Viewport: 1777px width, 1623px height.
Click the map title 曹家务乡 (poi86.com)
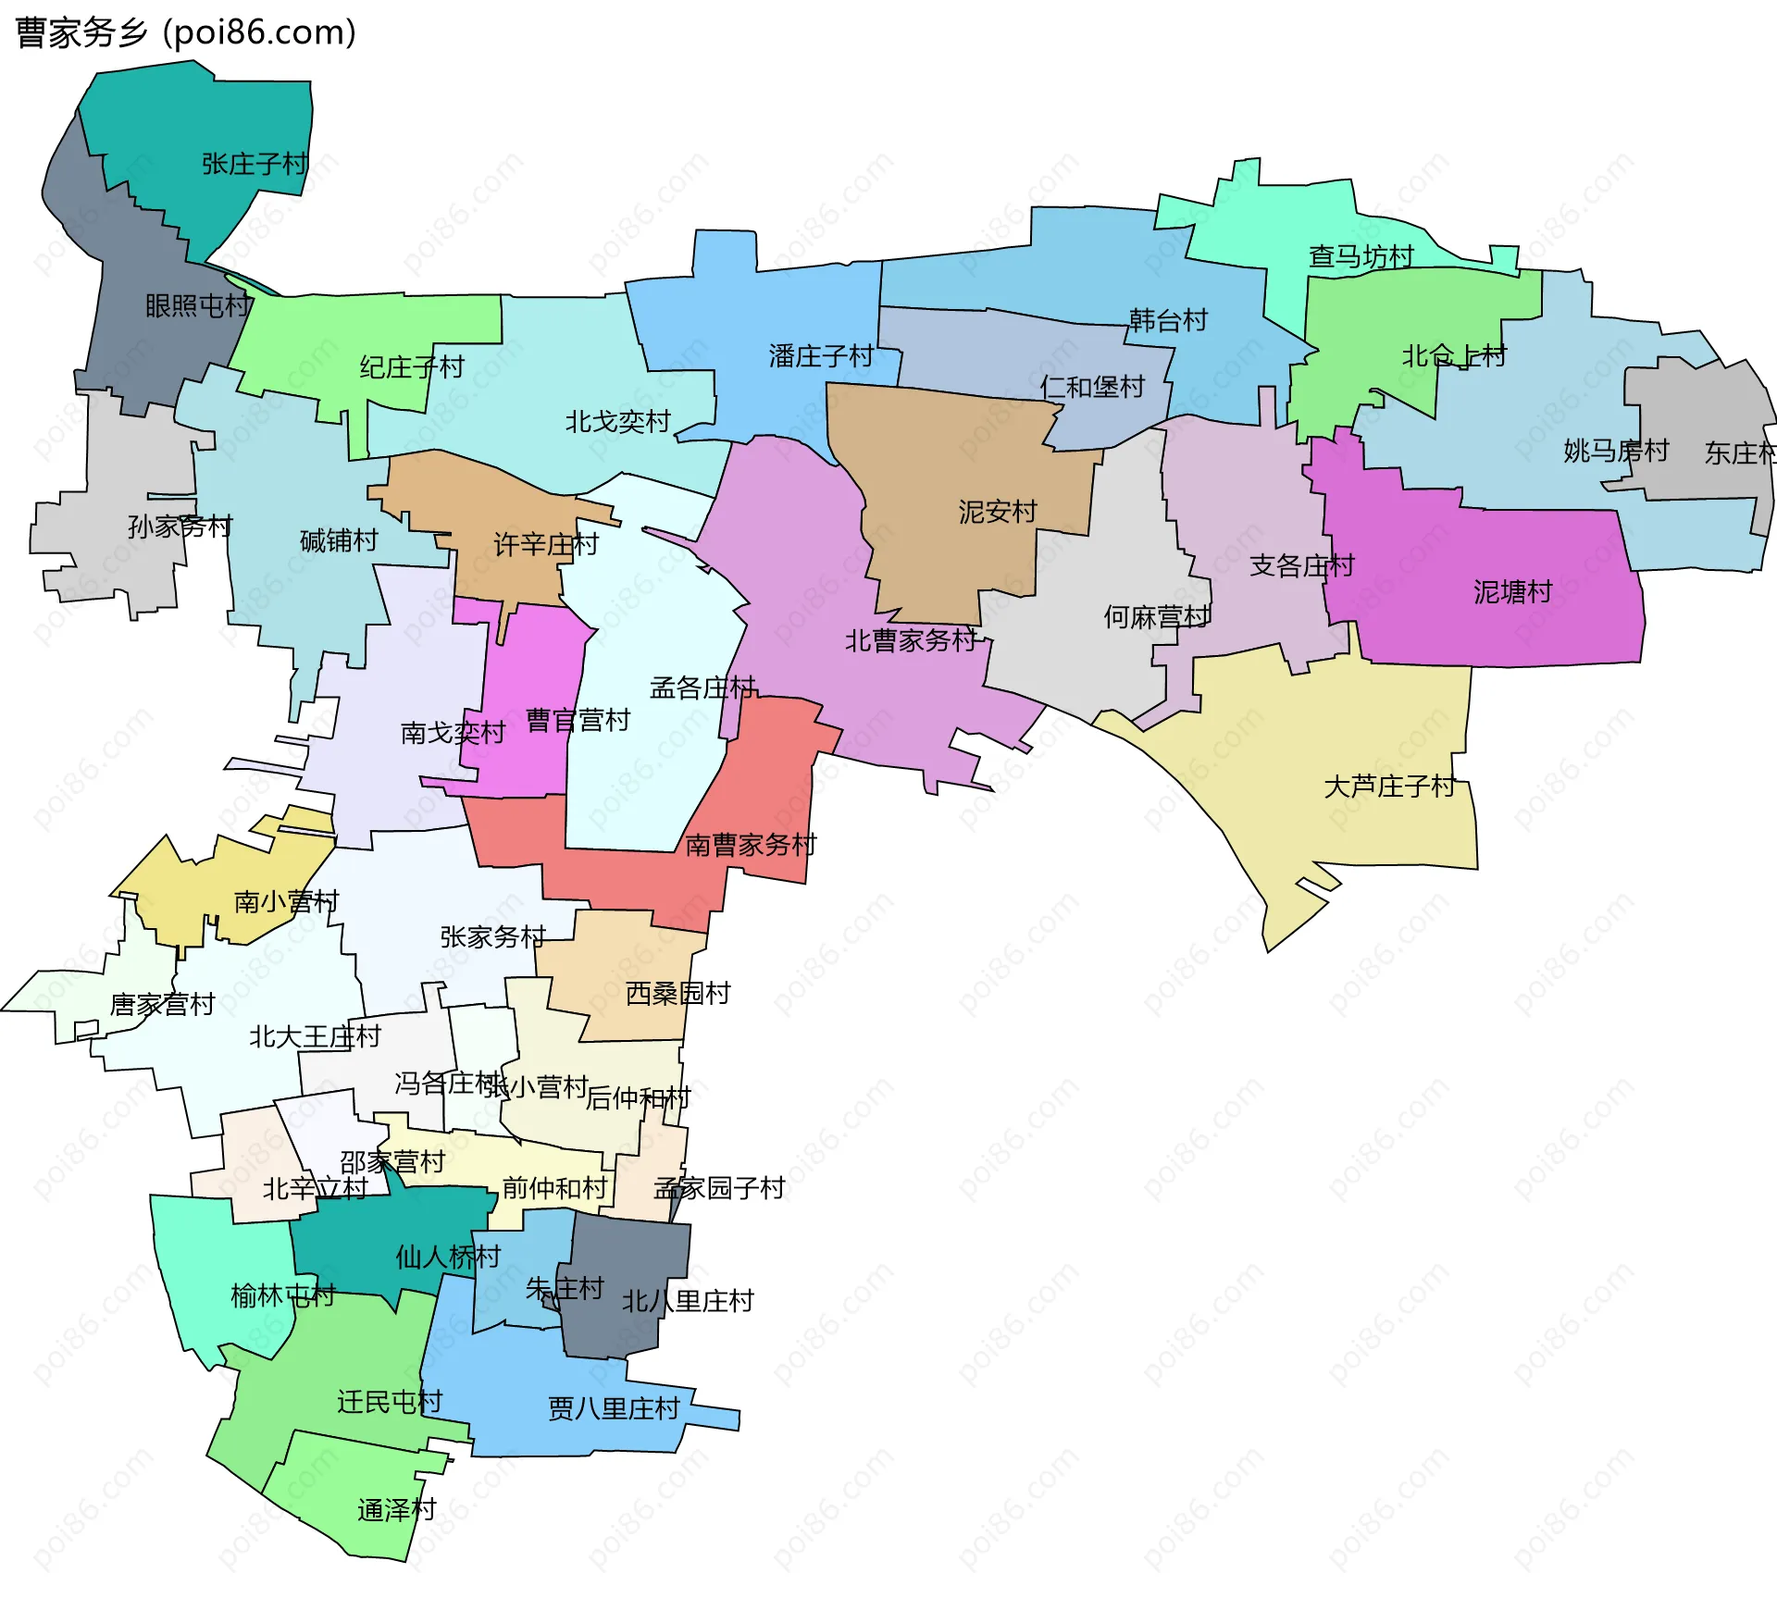point(185,32)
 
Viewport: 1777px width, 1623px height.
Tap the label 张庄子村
point(255,164)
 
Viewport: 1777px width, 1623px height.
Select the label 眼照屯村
point(198,305)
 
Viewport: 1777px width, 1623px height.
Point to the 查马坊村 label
point(1361,256)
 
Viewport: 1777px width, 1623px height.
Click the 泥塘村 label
point(1512,591)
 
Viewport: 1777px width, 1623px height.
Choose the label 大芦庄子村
point(1389,787)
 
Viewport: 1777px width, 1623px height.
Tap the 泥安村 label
point(997,512)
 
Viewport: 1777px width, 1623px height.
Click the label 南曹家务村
point(751,844)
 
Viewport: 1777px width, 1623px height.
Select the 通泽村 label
point(396,1510)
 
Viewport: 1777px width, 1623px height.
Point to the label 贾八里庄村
point(614,1408)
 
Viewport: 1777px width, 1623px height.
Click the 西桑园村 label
point(677,993)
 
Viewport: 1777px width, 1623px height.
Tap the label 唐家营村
point(162,1004)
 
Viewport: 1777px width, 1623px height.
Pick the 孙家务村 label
point(180,527)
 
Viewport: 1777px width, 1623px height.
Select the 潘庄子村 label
point(821,355)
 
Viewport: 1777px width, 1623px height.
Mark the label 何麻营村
point(1156,616)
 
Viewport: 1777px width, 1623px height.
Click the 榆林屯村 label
point(282,1295)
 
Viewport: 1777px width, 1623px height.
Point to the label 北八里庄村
point(687,1301)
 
